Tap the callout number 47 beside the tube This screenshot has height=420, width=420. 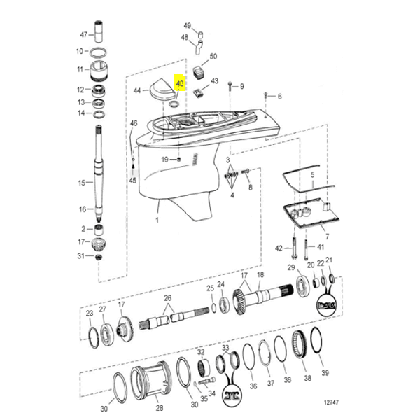[83, 34]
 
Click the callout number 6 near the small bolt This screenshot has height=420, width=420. [279, 97]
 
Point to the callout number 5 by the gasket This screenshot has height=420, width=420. [312, 173]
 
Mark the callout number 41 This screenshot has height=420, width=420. [321, 247]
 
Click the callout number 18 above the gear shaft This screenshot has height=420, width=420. [260, 274]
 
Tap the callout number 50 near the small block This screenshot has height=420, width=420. [213, 56]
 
